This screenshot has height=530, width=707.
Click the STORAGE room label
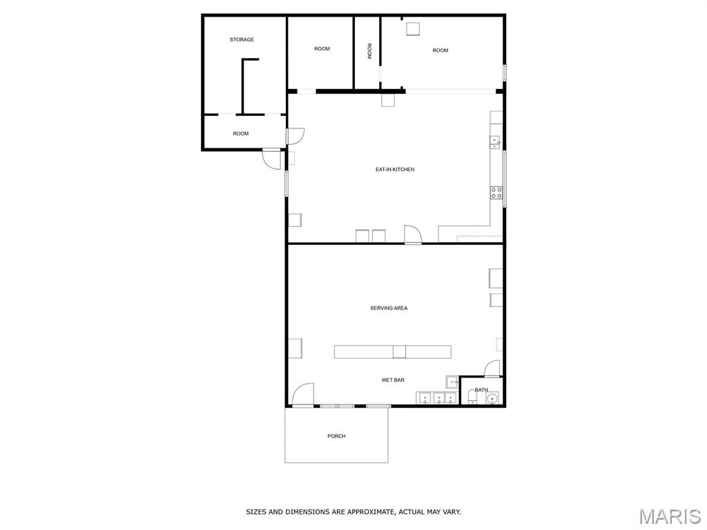coord(242,39)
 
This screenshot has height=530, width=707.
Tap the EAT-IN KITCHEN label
coord(395,170)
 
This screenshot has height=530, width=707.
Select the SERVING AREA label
coord(389,308)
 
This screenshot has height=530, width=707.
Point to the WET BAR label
coord(393,380)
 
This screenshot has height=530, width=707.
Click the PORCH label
coord(336,436)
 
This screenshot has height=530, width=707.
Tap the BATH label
coord(481,390)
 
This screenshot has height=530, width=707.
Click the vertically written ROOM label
coord(369,51)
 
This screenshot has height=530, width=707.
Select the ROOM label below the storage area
coord(241,134)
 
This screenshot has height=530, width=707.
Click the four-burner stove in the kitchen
coord(496,193)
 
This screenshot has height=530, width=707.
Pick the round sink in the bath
coord(493,398)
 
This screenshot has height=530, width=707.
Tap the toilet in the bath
coord(472,397)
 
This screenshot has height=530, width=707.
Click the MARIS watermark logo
coord(669,516)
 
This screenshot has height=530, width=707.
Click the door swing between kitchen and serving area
coord(413,234)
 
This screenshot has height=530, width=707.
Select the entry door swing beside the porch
coord(303,394)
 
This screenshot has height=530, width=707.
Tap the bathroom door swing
coord(492,369)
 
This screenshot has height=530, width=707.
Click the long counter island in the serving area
coord(393,352)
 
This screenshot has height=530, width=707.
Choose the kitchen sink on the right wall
coord(495,142)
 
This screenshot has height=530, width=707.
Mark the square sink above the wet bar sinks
coord(452,382)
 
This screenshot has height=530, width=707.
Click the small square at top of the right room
coord(413,28)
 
